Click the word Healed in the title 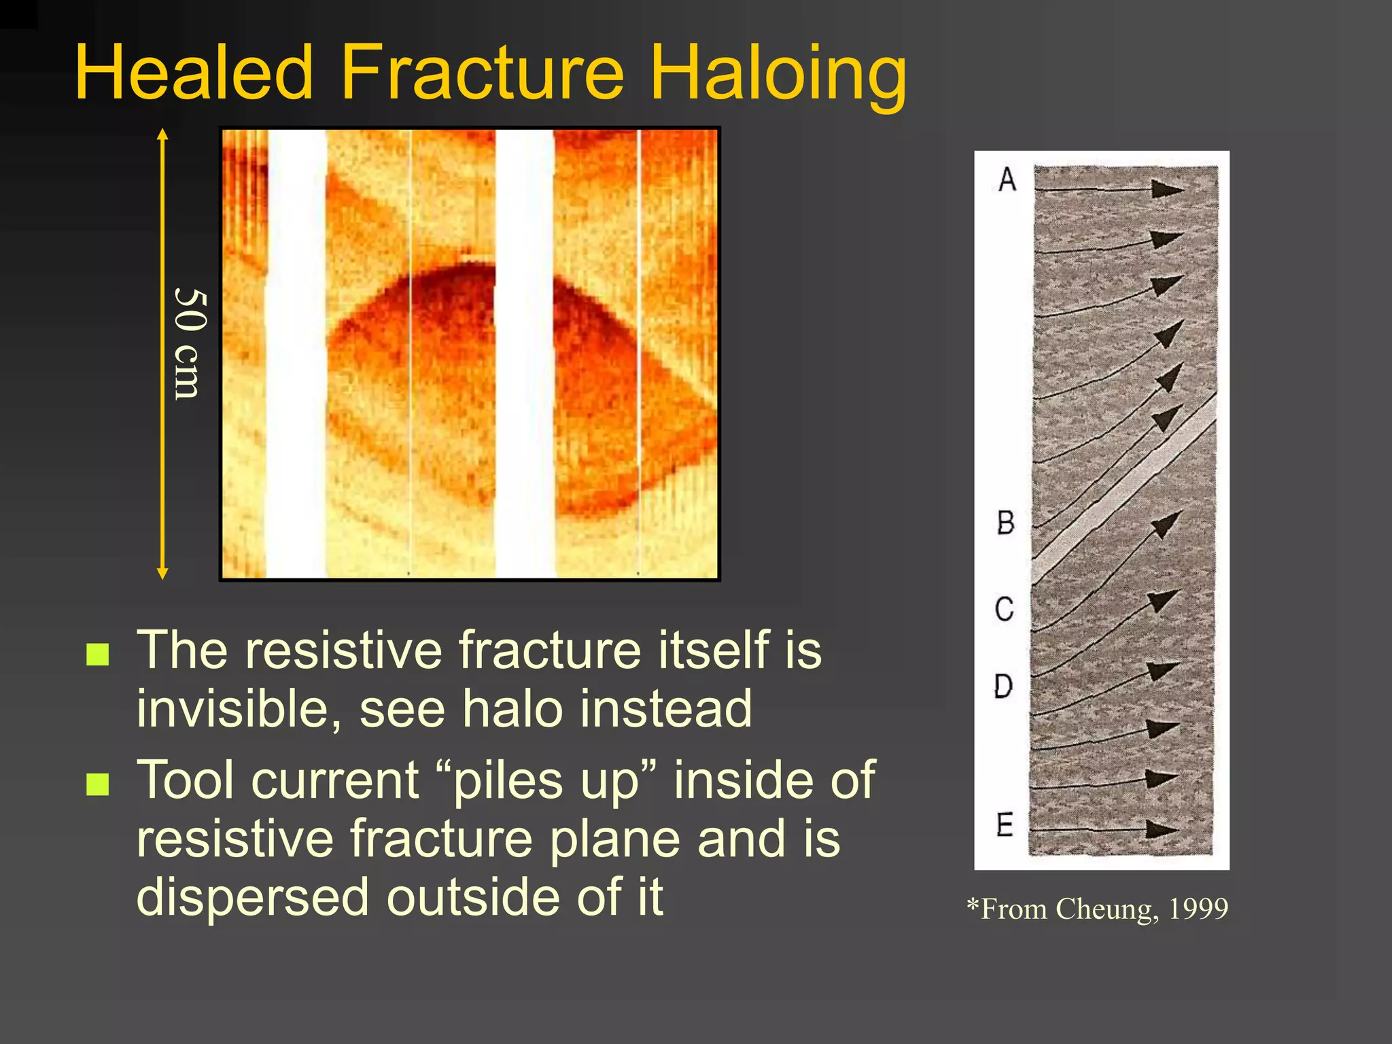pos(194,73)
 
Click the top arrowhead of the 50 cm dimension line pos(162,134)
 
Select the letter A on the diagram pos(1007,179)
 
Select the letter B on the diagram pos(1006,523)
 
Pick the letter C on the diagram pos(1005,609)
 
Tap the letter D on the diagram pos(1003,686)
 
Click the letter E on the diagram pos(1005,824)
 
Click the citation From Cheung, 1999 pos(1098,909)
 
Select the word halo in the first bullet pos(512,709)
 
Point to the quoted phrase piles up pos(548,781)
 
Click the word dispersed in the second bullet pos(255,897)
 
